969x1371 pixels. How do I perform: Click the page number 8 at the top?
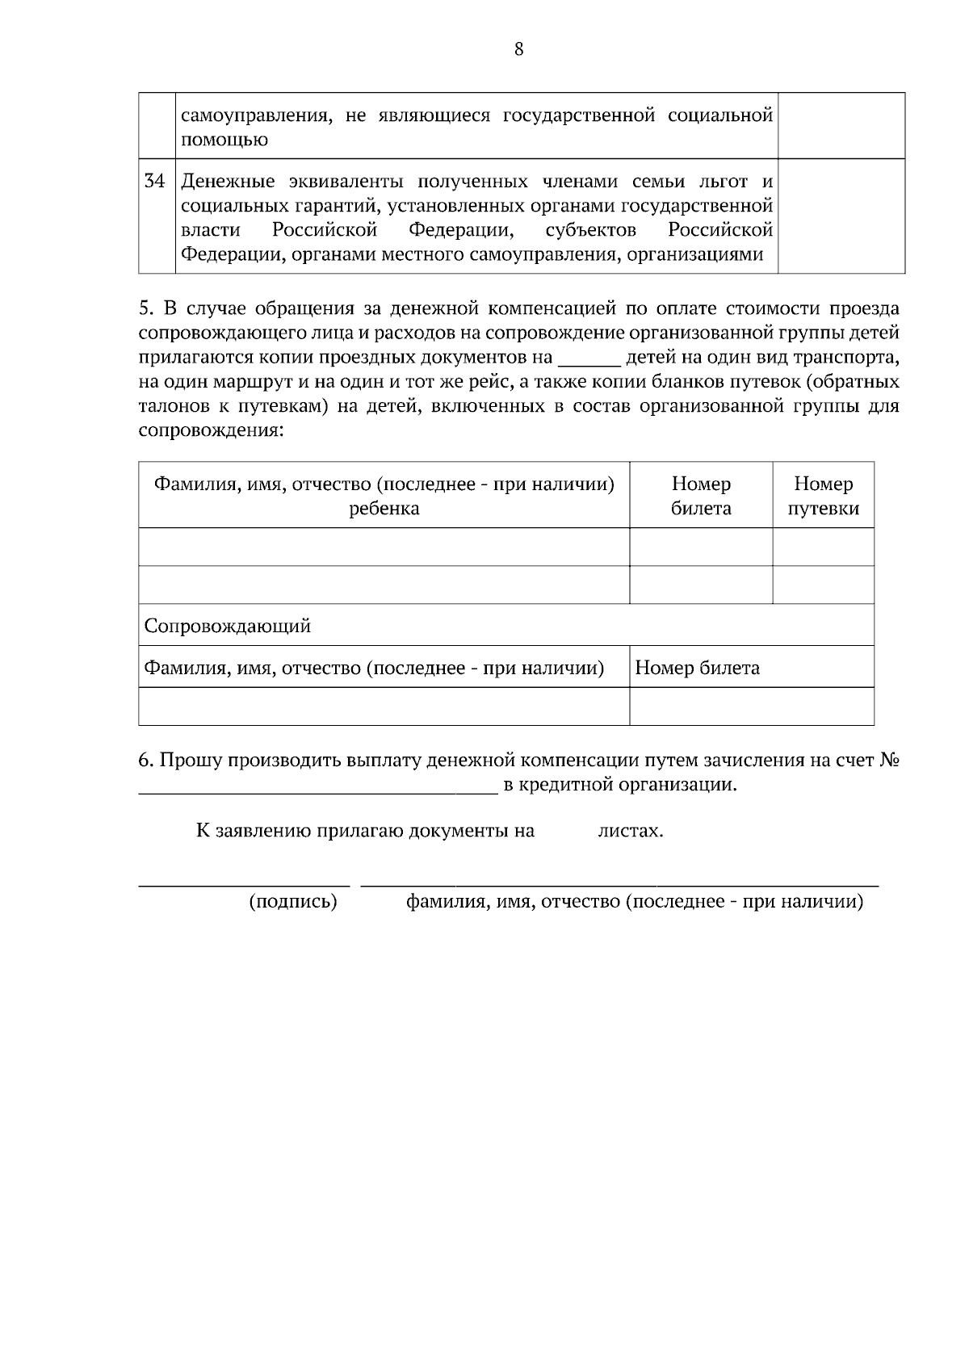pos(518,50)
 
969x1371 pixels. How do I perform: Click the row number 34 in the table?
pos(154,181)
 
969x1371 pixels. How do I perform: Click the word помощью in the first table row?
pos(224,140)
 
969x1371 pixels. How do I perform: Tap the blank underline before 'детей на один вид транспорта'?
pos(589,359)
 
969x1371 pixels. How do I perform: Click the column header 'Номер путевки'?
pos(823,496)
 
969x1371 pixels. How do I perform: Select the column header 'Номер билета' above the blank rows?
pos(701,496)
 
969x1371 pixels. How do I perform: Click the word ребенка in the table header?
pos(384,509)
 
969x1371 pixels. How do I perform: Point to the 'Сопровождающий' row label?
pos(227,626)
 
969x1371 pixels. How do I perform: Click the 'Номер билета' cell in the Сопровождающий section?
pos(697,668)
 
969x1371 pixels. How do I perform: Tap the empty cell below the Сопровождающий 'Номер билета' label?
pos(751,706)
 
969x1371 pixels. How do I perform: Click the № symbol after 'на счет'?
pos(889,761)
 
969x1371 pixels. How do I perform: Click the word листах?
pos(631,831)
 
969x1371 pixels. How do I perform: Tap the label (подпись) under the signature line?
pos(292,902)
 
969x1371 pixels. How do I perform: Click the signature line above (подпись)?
pos(244,885)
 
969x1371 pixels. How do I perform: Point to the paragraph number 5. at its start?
pos(146,309)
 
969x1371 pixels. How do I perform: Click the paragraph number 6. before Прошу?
pos(146,761)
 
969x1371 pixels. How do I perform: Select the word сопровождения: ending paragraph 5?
pos(211,431)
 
